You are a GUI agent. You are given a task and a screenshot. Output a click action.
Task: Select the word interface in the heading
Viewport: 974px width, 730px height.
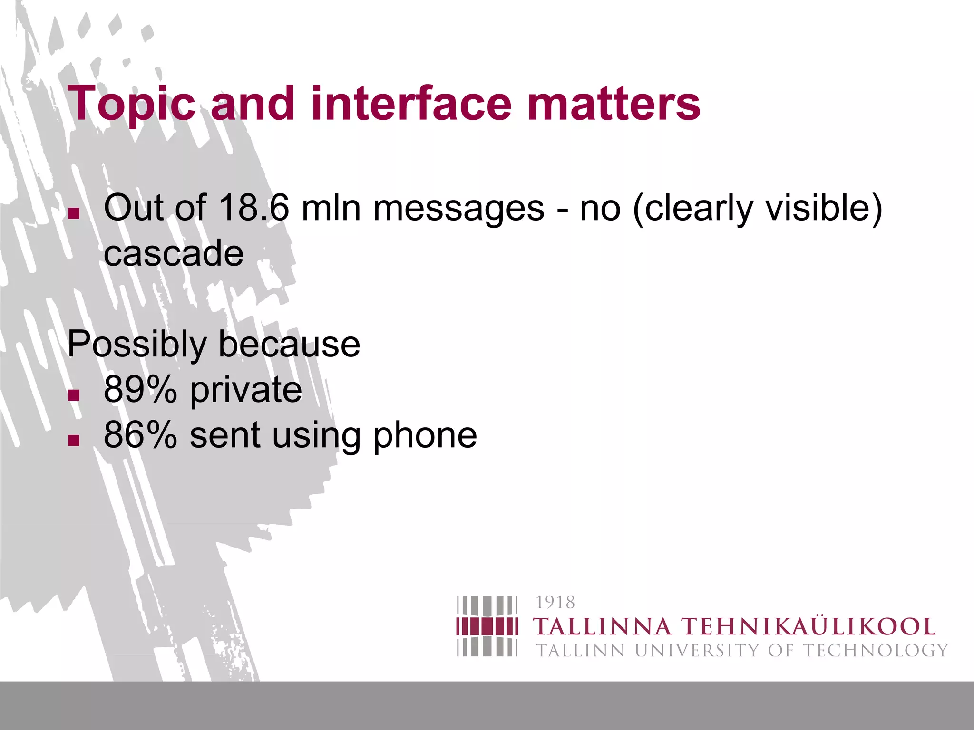(409, 103)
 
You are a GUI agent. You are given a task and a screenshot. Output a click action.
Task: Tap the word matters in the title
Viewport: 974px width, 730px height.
(614, 103)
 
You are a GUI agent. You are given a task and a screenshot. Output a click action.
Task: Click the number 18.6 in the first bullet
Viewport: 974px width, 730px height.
(253, 208)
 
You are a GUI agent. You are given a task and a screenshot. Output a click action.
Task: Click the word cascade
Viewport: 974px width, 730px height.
(174, 253)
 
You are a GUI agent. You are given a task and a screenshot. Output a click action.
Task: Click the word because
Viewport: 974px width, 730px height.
(289, 344)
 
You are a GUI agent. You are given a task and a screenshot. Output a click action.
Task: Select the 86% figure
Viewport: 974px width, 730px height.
(140, 435)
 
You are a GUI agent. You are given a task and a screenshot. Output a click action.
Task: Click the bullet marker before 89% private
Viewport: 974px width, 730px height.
(74, 395)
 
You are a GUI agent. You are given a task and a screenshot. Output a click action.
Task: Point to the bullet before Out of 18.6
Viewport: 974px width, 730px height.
(74, 213)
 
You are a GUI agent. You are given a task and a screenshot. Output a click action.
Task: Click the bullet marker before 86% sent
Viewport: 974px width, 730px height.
(74, 440)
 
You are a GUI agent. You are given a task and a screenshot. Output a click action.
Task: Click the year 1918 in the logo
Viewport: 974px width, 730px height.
(555, 603)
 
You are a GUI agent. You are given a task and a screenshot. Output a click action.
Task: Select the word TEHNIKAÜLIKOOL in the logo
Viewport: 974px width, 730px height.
(809, 627)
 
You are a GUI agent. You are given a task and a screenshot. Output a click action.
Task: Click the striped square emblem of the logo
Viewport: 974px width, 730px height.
(487, 626)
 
